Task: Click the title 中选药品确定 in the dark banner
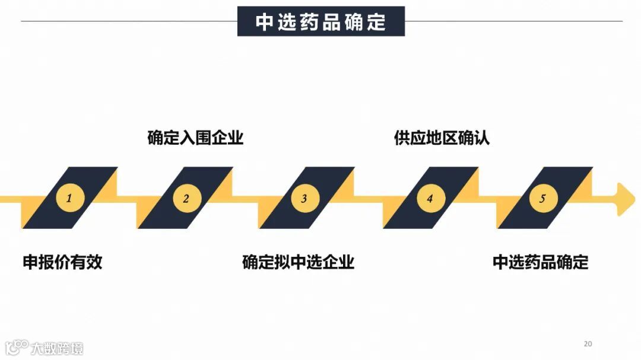pyautogui.click(x=320, y=22)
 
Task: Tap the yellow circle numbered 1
pyautogui.click(x=69, y=198)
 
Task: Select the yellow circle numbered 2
pyautogui.click(x=186, y=198)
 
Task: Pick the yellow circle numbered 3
pyautogui.click(x=304, y=198)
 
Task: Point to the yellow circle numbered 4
pyautogui.click(x=430, y=198)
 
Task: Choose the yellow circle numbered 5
pyautogui.click(x=542, y=198)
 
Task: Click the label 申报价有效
pyautogui.click(x=63, y=262)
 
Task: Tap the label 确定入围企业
pyautogui.click(x=195, y=138)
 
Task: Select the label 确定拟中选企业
pyautogui.click(x=298, y=262)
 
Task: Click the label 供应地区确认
pyautogui.click(x=442, y=138)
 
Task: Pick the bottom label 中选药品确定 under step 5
pyautogui.click(x=540, y=262)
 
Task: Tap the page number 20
pyautogui.click(x=588, y=343)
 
